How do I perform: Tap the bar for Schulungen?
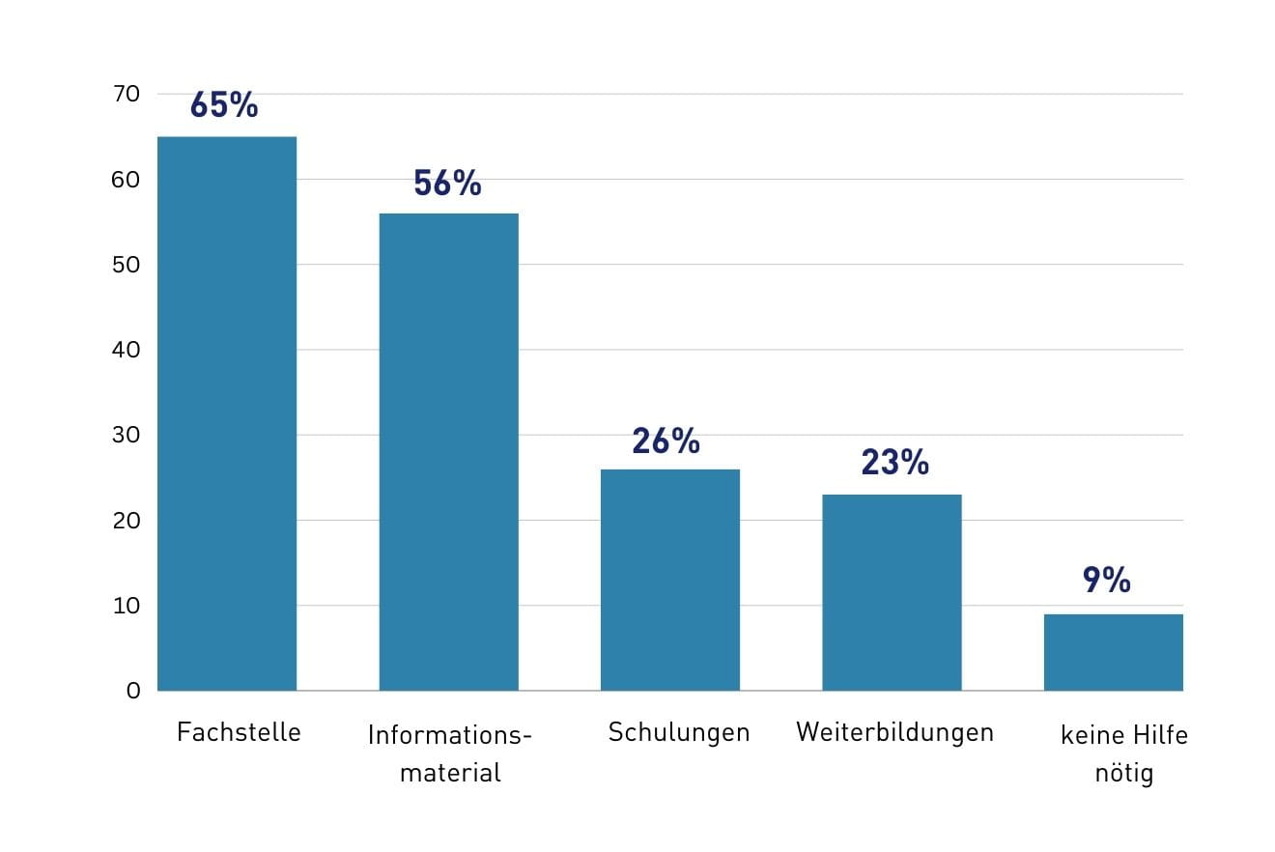tap(670, 580)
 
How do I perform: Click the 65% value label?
tap(224, 105)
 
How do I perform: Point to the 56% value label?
tap(447, 183)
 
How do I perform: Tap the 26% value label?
tap(666, 440)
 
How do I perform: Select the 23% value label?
tap(894, 463)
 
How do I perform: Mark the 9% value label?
tap(1106, 580)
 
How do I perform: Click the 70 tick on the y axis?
tap(127, 94)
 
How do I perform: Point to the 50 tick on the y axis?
tap(127, 265)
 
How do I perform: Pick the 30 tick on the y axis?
tap(127, 435)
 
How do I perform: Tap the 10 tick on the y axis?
tap(127, 606)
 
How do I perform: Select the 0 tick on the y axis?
tap(132, 691)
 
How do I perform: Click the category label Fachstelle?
tap(239, 732)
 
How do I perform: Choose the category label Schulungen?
tap(679, 732)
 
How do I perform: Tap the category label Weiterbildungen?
tap(894, 732)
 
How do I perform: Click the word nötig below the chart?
tap(1124, 774)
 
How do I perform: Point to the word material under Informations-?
tap(450, 773)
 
